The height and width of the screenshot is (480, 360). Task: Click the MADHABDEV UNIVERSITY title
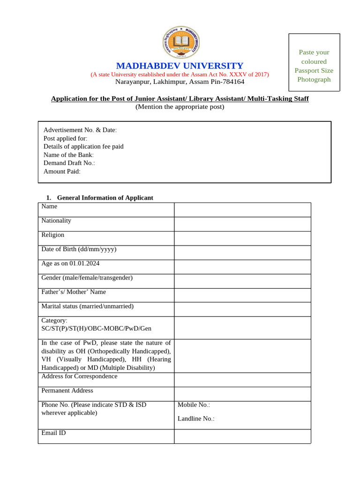coord(180,66)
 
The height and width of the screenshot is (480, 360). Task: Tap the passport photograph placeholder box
coord(314,62)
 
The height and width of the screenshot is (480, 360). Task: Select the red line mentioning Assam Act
coord(180,74)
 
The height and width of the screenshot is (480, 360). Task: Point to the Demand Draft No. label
coord(69,163)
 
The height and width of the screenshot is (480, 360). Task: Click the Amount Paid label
coord(62,172)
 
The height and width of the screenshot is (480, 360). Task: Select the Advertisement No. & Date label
coord(80,130)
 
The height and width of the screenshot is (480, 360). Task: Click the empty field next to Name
coord(242,210)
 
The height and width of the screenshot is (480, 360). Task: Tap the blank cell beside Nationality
coord(242,224)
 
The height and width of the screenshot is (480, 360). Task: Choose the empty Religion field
coord(242,238)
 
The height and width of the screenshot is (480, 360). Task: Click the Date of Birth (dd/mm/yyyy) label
coord(79,249)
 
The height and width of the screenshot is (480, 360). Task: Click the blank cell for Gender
coord(242,281)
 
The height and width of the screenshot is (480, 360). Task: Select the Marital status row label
coord(87,306)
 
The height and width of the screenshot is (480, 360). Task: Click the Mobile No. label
coord(194,405)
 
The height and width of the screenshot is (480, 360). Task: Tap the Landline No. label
coord(196,419)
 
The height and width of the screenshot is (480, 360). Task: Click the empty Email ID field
coord(242,436)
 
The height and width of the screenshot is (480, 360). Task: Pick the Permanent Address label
coord(67,390)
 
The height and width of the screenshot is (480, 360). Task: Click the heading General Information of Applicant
coord(105,198)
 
